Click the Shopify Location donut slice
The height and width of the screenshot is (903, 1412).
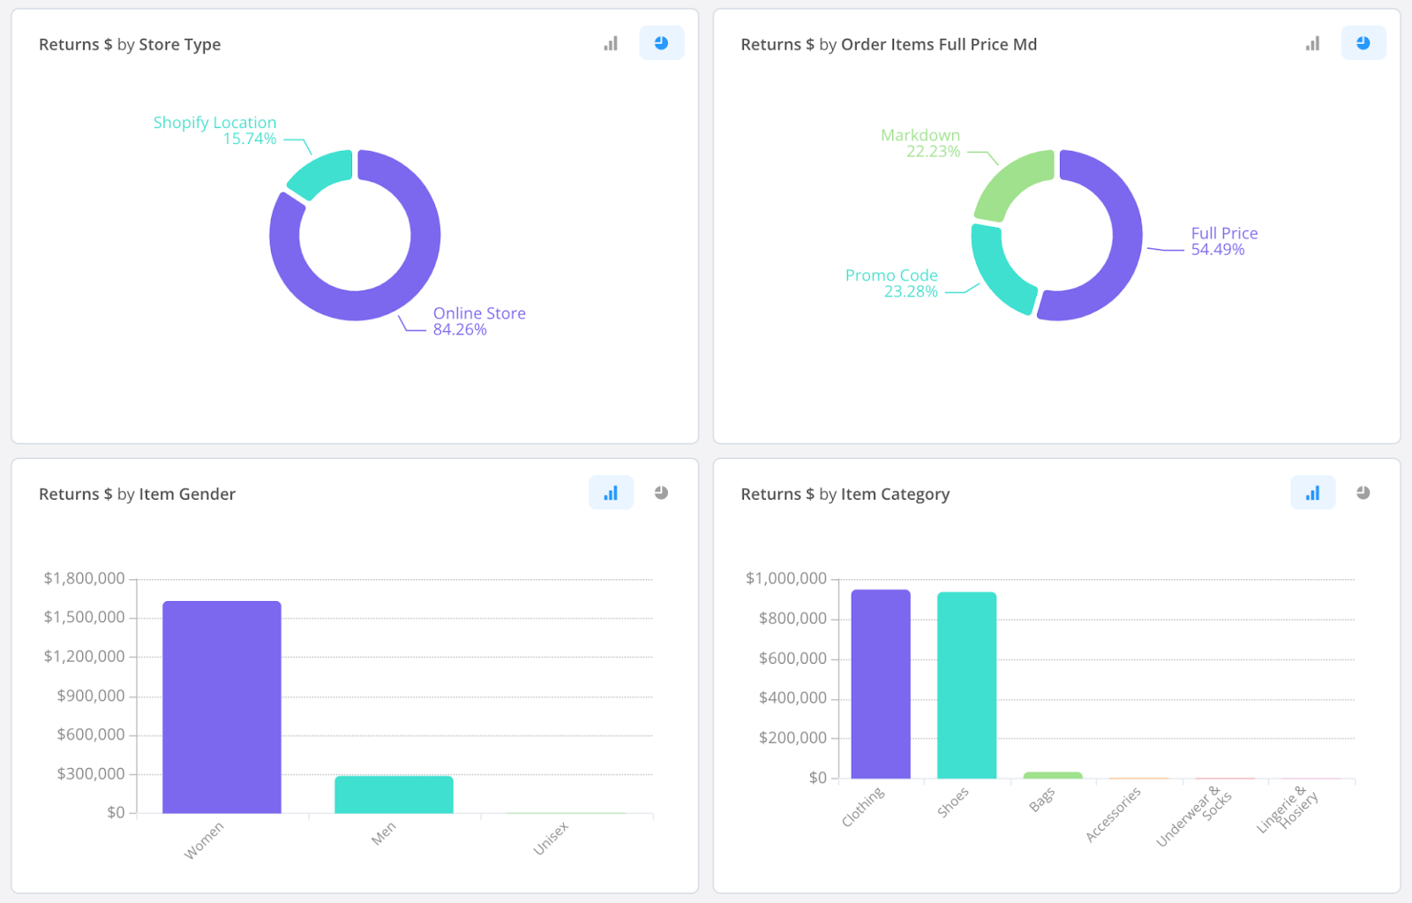point(319,172)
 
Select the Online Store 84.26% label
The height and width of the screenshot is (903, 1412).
point(479,321)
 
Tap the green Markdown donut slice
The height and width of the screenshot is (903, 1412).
point(1011,182)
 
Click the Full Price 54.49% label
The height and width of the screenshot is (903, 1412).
point(1224,241)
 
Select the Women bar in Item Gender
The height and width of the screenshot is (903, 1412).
point(222,707)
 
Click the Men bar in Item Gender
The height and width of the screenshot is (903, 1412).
point(394,794)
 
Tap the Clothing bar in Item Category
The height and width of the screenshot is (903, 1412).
point(881,684)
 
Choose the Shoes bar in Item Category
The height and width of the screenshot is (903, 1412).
point(967,686)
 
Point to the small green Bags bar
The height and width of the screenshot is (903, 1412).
point(1053,776)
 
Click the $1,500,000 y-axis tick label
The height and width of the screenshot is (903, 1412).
point(85,617)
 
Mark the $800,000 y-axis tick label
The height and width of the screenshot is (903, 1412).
point(792,619)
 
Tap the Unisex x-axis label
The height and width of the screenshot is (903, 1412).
point(551,839)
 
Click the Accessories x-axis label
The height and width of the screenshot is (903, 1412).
point(1113,815)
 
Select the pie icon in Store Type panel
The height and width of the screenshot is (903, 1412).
point(661,43)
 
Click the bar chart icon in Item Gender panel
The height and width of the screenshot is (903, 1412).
point(611,493)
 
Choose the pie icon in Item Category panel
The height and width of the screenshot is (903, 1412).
point(1363,493)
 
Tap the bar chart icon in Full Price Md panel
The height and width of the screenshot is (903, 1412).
point(1312,43)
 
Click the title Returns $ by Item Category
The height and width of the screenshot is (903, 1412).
point(845,493)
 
